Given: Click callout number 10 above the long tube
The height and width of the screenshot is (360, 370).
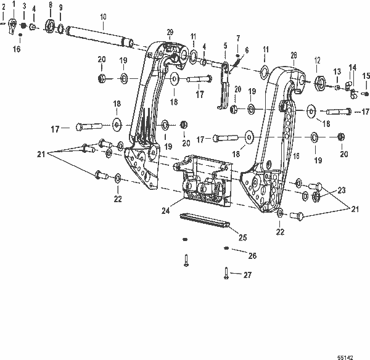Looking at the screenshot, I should pos(102,15).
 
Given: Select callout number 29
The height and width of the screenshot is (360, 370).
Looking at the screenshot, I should pos(171,32).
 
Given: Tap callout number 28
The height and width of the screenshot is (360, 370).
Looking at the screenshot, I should pos(294,54).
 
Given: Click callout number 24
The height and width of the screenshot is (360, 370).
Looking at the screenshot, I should pos(166,210).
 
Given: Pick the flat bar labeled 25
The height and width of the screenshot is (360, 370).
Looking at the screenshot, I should pos(204,221).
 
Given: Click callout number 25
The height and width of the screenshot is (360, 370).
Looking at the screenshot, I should pos(242,236).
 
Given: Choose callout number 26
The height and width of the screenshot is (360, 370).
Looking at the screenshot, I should pos(252,255).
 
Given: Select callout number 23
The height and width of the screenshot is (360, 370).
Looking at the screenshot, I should pos(341,191).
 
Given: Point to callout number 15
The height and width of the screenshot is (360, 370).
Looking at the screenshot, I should pos(366,76).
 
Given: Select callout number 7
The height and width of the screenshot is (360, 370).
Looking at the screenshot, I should pos(239,38).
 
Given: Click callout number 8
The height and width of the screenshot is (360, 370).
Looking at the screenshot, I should pos(51,4).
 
